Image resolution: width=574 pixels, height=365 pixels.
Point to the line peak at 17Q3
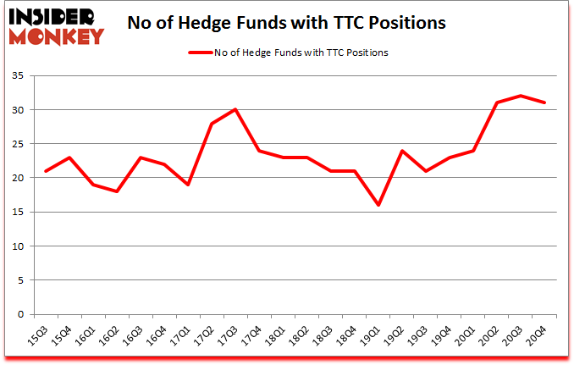point(235,109)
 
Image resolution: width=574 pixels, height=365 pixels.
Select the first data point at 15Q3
point(46,171)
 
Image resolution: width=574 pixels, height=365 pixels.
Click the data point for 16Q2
point(117,191)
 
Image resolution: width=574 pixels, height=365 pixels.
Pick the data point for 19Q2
point(401,151)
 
